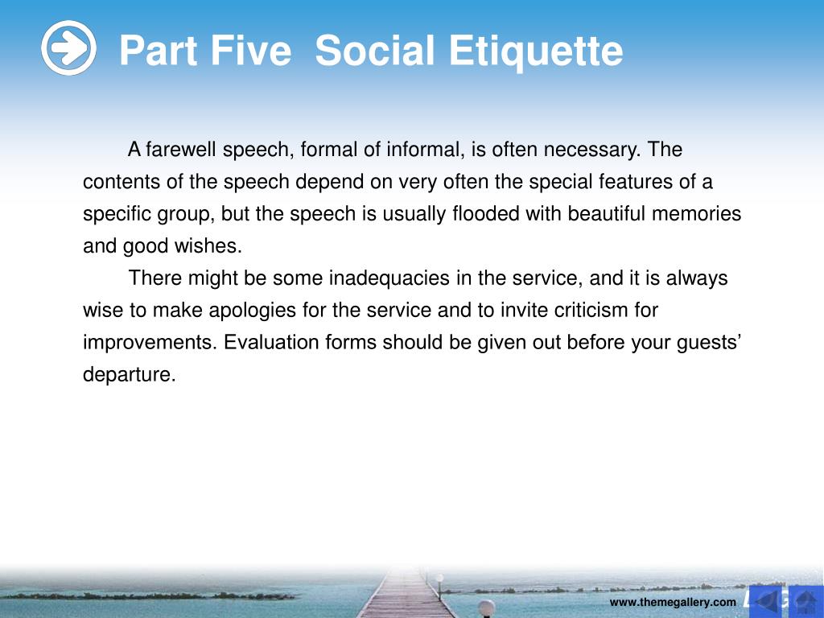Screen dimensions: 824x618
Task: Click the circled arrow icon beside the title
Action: tap(69, 47)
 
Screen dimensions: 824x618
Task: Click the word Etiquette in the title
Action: tap(535, 51)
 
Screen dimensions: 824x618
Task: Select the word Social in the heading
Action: tap(375, 51)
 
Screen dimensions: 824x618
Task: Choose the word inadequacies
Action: tap(389, 278)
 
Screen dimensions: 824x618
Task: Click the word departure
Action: tap(130, 374)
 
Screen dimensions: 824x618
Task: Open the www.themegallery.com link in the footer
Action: tap(673, 602)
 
